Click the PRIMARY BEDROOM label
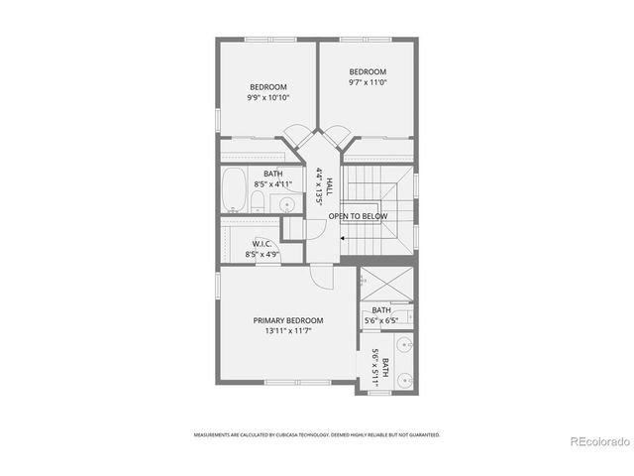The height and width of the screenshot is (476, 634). (287, 320)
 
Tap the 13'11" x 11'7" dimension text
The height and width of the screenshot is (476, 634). (287, 332)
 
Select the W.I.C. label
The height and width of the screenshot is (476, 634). (262, 243)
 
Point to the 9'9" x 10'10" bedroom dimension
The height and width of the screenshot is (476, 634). (267, 97)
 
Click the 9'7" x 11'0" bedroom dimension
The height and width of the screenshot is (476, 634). (367, 83)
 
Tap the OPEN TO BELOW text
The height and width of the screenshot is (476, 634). (358, 216)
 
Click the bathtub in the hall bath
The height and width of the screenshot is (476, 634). (235, 192)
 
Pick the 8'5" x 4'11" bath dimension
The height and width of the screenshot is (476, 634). (272, 183)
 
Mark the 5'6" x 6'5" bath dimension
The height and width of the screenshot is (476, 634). (381, 320)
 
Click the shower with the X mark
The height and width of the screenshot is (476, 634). (383, 285)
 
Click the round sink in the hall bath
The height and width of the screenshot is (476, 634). (286, 205)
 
